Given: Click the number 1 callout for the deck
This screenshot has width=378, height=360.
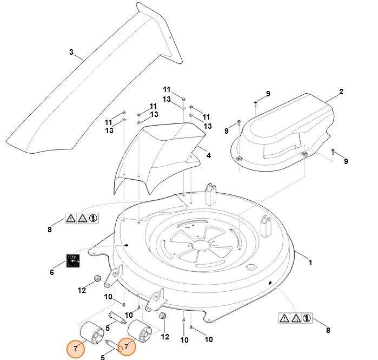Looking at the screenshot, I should (310, 263).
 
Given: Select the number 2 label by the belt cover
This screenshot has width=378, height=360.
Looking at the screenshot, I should (341, 92).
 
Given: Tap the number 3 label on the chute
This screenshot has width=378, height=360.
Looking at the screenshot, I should (71, 53).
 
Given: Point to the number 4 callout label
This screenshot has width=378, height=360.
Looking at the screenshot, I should (209, 155).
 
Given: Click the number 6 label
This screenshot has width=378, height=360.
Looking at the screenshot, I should (52, 272).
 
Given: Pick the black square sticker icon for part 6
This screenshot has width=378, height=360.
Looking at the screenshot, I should (73, 261).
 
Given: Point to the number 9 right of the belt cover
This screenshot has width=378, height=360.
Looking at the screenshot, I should (346, 161).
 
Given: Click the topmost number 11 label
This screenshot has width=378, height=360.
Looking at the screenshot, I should (167, 89).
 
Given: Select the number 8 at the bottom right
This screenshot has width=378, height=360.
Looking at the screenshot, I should (328, 330).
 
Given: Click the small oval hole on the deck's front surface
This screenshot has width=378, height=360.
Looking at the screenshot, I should (250, 268).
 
